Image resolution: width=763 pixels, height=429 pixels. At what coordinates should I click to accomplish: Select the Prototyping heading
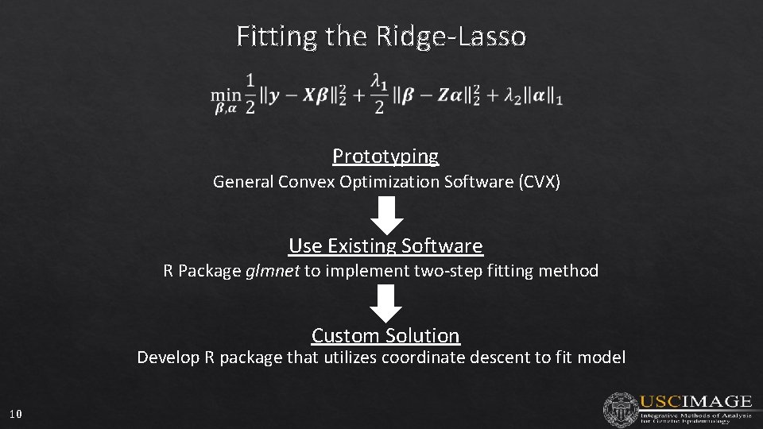pyautogui.click(x=385, y=156)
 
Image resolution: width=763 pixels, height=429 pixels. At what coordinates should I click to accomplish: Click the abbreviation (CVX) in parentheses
pyautogui.click(x=540, y=182)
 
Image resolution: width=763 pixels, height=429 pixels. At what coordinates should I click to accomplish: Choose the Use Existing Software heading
pyautogui.click(x=385, y=245)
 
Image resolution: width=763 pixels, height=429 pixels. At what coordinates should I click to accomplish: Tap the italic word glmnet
pyautogui.click(x=273, y=271)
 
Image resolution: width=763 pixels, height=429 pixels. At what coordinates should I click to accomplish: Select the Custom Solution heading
pyautogui.click(x=385, y=335)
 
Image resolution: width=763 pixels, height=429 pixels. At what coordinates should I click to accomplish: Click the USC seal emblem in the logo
pyautogui.click(x=619, y=409)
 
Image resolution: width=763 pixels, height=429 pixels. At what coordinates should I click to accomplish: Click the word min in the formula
pyautogui.click(x=224, y=94)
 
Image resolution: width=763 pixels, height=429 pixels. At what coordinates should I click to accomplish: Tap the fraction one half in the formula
pyautogui.click(x=250, y=94)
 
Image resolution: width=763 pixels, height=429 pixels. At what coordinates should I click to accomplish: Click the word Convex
pyautogui.click(x=305, y=182)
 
